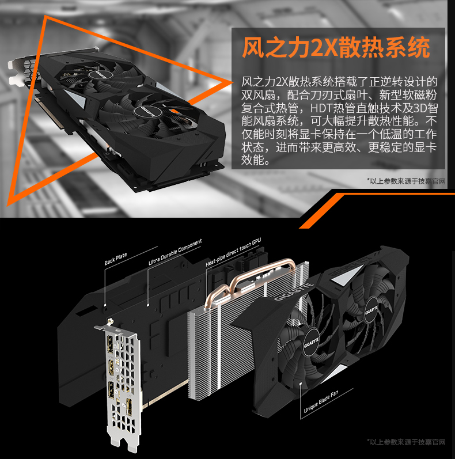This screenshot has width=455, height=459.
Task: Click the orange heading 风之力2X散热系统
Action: coord(336,47)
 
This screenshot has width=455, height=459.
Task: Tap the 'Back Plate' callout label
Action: coord(116,259)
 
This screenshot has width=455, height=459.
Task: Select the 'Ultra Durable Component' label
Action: coord(175,252)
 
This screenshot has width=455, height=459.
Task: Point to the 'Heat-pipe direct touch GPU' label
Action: coord(233,252)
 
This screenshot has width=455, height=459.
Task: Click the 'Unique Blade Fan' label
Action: coord(321,401)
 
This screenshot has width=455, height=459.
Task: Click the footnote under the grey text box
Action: coord(406,181)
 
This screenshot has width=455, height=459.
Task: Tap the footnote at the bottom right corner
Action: coord(406,442)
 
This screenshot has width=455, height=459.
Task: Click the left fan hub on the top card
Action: coord(100,74)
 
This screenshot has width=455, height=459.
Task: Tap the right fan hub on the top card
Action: coord(147,111)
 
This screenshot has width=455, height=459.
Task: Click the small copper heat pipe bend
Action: coord(217,294)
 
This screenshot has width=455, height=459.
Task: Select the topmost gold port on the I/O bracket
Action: coord(111,344)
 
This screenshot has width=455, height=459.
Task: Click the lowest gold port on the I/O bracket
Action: coord(129,407)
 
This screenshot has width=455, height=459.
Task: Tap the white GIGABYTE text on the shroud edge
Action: coord(294,292)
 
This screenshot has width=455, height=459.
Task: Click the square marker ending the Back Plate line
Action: coord(105,305)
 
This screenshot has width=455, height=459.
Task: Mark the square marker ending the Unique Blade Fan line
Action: coord(301,384)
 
